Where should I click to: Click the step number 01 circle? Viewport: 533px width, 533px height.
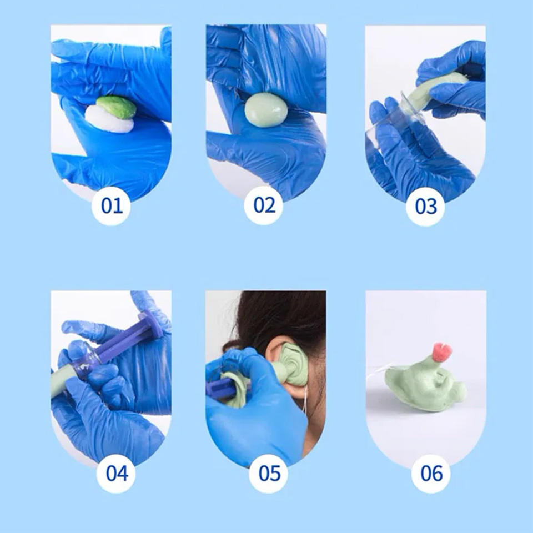tap(111, 205)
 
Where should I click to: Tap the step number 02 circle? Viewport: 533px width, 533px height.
tap(264, 205)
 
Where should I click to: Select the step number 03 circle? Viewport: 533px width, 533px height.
tap(426, 207)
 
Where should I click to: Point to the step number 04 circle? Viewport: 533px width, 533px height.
tap(116, 474)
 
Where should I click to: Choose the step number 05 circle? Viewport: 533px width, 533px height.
tap(269, 474)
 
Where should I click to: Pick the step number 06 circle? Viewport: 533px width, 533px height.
tap(431, 474)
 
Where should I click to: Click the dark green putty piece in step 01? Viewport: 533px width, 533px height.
tap(116, 107)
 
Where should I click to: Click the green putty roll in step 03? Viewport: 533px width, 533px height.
tap(435, 88)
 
